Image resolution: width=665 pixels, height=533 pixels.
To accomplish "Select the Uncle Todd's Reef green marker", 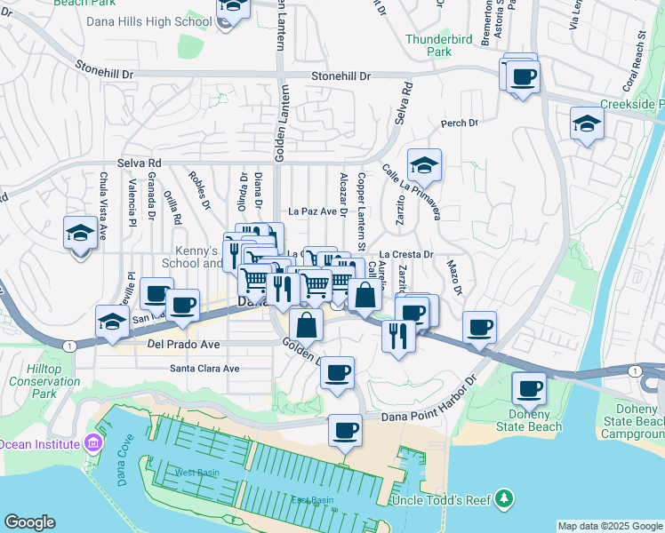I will coord(505,498).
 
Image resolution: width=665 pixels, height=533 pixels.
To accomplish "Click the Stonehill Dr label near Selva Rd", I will coord(341,77).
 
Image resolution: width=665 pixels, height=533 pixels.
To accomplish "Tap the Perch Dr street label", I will coord(460,123).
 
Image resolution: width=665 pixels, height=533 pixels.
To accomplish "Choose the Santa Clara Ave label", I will coord(205,368).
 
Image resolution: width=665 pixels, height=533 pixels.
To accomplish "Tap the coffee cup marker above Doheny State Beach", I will coord(529,387).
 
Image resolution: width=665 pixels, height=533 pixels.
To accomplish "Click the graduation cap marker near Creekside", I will coord(588,123).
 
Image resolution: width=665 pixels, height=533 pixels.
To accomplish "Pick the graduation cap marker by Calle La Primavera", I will coord(425,164).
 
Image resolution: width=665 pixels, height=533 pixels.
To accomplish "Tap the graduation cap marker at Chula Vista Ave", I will coord(81,234).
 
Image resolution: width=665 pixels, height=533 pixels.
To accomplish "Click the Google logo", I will coord(29,522).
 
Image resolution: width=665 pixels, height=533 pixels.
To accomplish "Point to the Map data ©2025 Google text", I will coord(609,526).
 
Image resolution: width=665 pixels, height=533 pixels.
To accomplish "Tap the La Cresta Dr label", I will coord(405,254).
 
